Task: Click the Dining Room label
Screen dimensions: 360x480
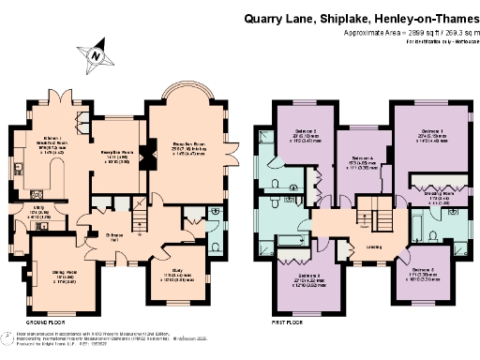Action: [x=63, y=277]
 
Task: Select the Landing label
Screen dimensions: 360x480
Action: [x=372, y=247]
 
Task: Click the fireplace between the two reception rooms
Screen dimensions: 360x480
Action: [x=142, y=158]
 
